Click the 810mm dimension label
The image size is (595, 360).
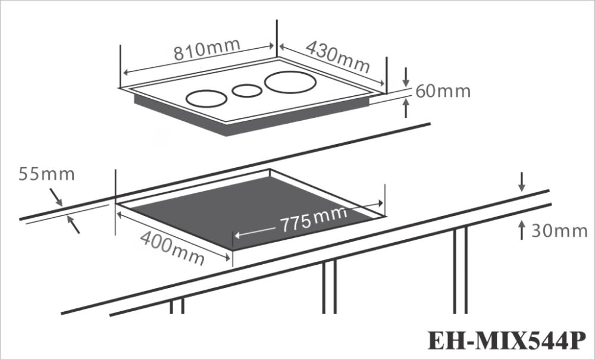207,50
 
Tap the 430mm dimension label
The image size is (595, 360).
338,57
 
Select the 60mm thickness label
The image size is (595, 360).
443,92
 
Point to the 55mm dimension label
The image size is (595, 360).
46,174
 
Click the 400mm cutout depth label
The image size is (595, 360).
173,248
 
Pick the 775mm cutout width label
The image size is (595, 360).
314,219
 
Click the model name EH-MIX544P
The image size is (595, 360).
507,340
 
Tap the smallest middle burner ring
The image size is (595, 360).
247,90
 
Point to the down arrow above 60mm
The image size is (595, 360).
406,77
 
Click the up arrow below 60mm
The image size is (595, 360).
406,108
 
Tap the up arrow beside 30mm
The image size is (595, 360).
522,230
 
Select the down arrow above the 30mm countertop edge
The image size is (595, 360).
522,181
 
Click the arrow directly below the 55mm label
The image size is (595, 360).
56,198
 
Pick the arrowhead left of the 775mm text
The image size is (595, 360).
237,235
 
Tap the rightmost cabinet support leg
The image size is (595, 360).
461,270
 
